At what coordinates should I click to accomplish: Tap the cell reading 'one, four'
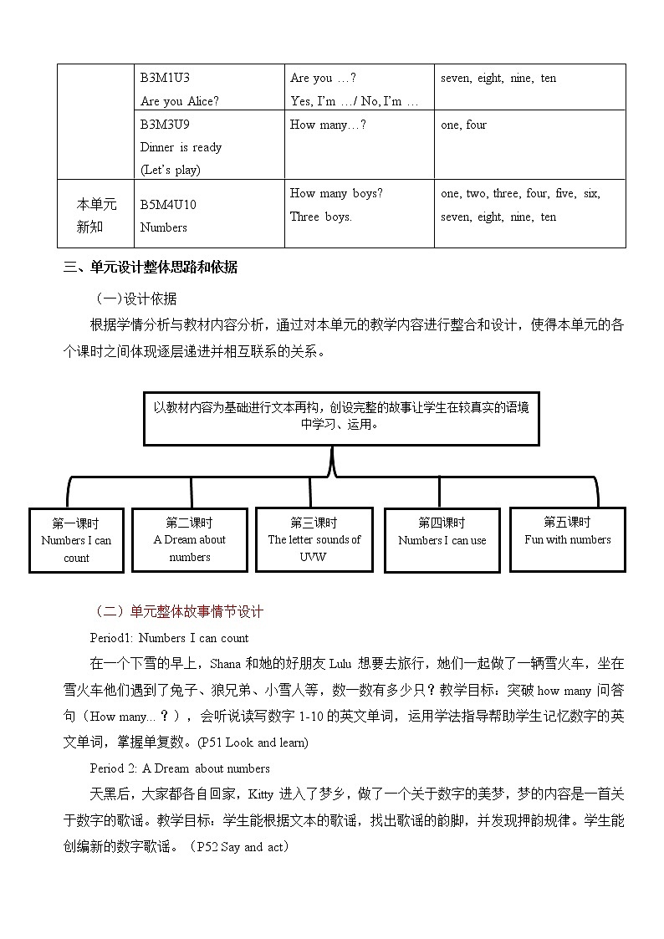click(x=463, y=125)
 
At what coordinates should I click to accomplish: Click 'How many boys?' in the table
click(x=336, y=193)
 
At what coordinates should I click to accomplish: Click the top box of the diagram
click(x=341, y=416)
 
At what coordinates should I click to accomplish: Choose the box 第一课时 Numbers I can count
click(x=76, y=540)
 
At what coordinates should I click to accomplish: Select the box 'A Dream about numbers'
click(x=190, y=540)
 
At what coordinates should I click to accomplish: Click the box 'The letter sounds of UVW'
click(x=314, y=539)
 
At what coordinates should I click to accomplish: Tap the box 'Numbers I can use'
click(x=442, y=539)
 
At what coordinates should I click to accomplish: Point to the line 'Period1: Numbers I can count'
click(x=170, y=638)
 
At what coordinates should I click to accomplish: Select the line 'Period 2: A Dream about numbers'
click(x=180, y=768)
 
